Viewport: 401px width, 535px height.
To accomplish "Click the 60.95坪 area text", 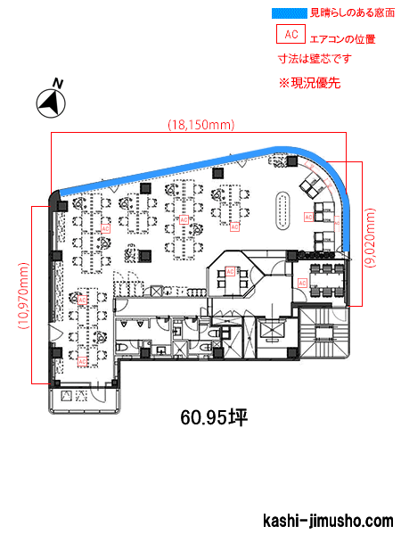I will click(x=212, y=417).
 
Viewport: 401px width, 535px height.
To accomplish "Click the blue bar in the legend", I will click(x=286, y=13).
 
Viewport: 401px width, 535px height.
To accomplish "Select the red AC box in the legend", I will click(x=290, y=35).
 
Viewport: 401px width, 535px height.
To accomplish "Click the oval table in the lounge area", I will click(x=283, y=210).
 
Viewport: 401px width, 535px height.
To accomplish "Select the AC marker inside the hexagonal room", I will click(x=230, y=270).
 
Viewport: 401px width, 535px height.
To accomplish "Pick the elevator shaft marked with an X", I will click(x=269, y=333).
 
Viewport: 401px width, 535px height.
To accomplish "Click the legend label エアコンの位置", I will click(x=341, y=39).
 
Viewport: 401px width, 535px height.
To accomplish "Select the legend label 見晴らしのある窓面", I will click(x=348, y=13).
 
